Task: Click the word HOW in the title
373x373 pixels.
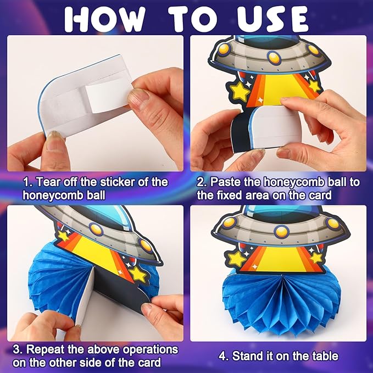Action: point(105,19)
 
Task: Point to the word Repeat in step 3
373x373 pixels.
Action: point(45,350)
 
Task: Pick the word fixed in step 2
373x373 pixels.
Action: point(229,196)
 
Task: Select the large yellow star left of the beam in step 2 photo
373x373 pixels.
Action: point(239,91)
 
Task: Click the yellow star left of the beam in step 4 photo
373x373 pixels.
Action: point(237,259)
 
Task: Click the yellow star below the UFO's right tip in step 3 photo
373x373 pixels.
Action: point(137,275)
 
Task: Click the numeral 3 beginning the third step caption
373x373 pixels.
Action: point(16,350)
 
